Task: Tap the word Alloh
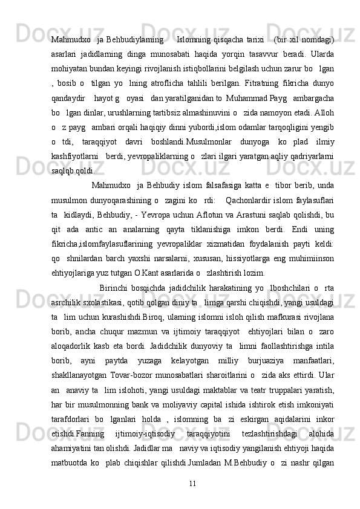324,112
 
